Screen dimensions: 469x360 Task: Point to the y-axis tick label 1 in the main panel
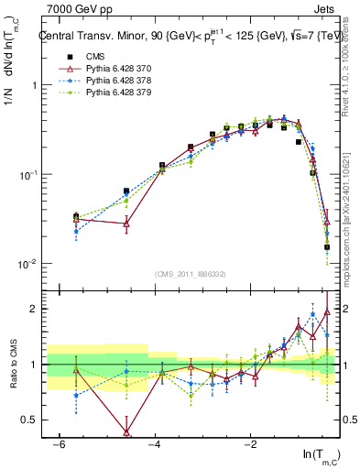pos(33,85)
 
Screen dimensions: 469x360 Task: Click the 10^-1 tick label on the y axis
pos(27,174)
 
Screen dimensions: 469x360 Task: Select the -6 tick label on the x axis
pos(58,444)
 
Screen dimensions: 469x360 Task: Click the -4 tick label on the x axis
pos(154,444)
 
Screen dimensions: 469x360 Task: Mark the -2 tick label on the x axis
pos(250,444)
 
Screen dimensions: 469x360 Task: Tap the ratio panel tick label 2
pos(33,309)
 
